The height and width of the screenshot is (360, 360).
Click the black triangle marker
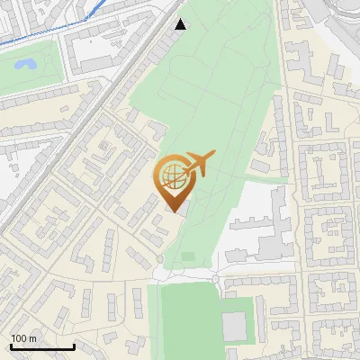coord(181,24)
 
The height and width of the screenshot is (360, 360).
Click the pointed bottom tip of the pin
coord(172,211)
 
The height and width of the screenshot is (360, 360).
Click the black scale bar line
coord(42,346)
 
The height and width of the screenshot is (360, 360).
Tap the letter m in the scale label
coord(32,338)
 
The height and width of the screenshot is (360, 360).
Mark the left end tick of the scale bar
coord(11,345)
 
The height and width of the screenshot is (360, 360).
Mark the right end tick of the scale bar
coord(74,345)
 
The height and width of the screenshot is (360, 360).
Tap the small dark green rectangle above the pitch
coord(187,256)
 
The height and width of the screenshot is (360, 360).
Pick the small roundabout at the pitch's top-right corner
coord(217,281)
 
